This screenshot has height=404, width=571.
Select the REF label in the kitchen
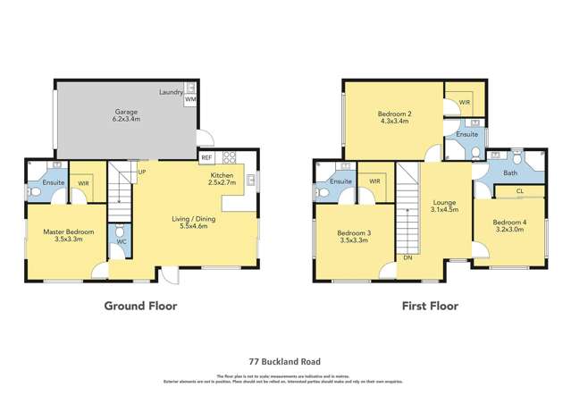tap(206, 157)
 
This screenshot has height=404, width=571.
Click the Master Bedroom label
tap(63, 236)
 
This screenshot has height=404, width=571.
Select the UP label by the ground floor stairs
tap(141, 173)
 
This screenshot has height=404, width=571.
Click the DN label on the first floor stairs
tap(407, 257)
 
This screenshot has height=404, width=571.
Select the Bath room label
tap(510, 173)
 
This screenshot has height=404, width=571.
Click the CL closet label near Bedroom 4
tap(521, 190)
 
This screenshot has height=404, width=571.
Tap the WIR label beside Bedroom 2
tap(465, 103)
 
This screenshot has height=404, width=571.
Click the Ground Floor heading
tap(140, 306)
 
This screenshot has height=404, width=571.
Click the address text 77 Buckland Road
tap(285, 361)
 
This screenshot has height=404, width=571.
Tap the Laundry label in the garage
tap(171, 91)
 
